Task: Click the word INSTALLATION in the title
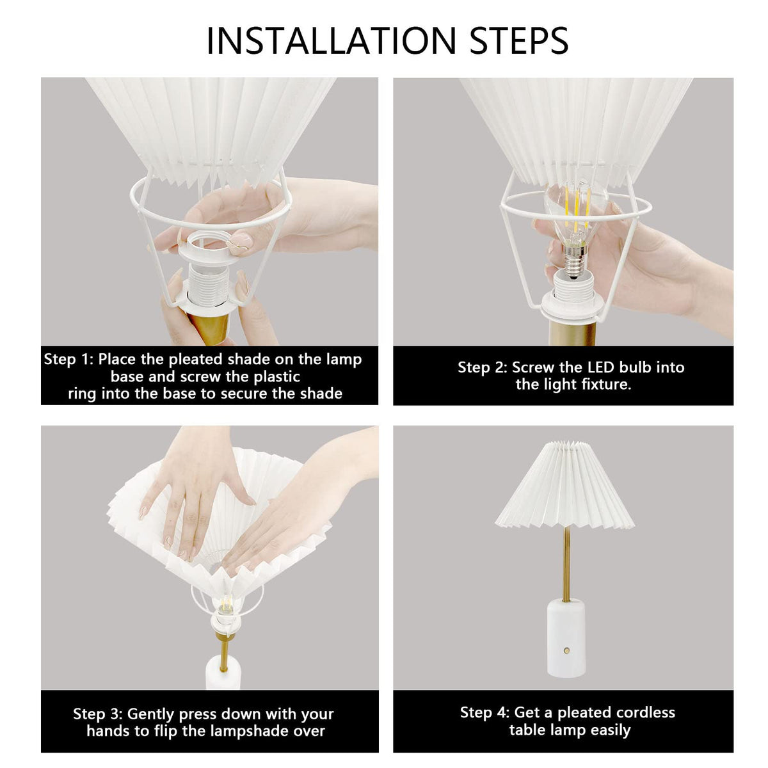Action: (331, 41)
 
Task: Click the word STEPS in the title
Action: (518, 41)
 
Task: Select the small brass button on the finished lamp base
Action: (566, 651)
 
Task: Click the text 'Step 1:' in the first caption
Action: (68, 359)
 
